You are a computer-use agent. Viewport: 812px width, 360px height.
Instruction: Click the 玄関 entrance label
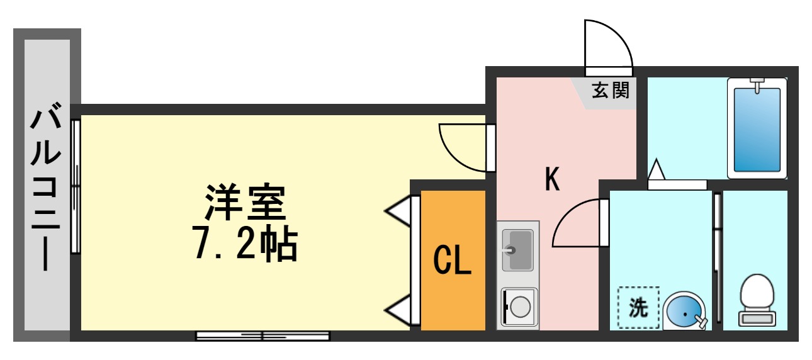(610, 91)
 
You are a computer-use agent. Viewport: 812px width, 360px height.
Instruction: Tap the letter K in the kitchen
(552, 180)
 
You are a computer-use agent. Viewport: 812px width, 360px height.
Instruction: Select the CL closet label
(453, 259)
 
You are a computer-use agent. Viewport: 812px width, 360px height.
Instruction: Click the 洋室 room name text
(244, 200)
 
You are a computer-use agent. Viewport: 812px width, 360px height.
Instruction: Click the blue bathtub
(757, 128)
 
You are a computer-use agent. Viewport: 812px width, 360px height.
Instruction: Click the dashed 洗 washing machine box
(638, 308)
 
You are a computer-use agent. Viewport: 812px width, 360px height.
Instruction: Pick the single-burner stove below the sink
(519, 307)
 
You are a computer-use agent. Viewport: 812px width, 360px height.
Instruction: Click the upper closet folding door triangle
(400, 211)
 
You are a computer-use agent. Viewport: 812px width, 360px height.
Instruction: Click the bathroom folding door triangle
(657, 170)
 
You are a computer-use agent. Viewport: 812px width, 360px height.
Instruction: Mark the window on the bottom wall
(262, 335)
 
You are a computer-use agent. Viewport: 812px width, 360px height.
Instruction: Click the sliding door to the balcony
(76, 186)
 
